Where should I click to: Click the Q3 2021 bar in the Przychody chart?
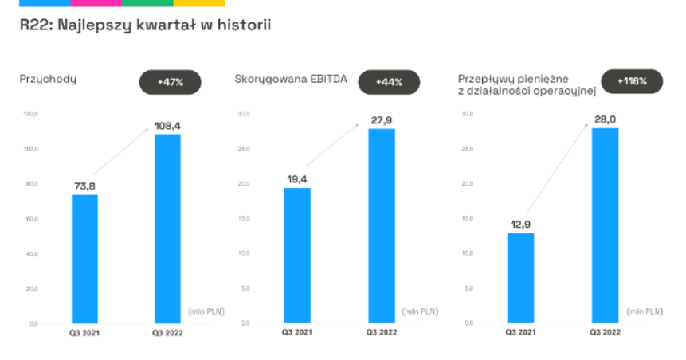tap(84, 259)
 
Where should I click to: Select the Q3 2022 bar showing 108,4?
tap(167, 229)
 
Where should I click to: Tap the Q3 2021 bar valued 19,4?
tap(297, 255)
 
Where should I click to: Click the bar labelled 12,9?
tap(520, 278)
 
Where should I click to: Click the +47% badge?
tap(171, 81)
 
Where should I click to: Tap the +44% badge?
tap(390, 81)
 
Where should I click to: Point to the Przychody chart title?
tap(48, 79)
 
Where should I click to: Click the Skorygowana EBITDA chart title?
tap(291, 79)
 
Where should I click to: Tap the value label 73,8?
tap(84, 186)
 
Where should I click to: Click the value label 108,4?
tap(167, 125)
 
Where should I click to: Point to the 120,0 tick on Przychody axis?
tap(31, 115)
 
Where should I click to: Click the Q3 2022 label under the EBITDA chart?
tap(381, 332)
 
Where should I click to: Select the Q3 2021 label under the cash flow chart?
tap(520, 332)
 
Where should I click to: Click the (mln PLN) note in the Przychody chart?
tap(206, 310)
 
